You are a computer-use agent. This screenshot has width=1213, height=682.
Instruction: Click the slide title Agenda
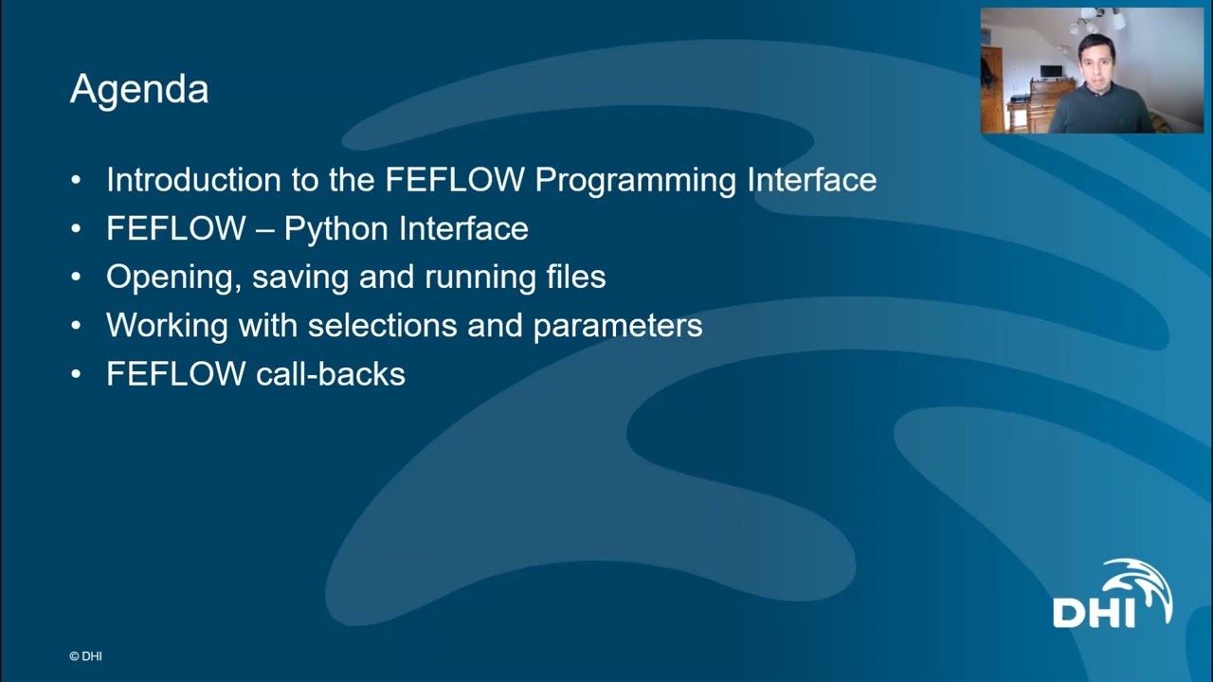pyautogui.click(x=139, y=90)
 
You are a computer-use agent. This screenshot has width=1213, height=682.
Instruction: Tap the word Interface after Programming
pyautogui.click(x=811, y=180)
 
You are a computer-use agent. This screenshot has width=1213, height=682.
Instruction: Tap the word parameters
pyautogui.click(x=617, y=326)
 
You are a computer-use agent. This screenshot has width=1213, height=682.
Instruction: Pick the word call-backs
pyautogui.click(x=331, y=374)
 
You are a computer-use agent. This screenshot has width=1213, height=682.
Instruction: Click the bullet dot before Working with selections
pyautogui.click(x=77, y=326)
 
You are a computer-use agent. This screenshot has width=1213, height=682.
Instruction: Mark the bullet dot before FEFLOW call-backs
pyautogui.click(x=77, y=374)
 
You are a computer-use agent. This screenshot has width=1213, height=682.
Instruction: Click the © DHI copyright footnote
pyautogui.click(x=85, y=655)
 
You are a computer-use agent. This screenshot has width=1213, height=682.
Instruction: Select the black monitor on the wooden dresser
pyautogui.click(x=1051, y=72)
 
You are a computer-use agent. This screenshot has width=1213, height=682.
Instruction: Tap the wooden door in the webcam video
pyautogui.click(x=991, y=90)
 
